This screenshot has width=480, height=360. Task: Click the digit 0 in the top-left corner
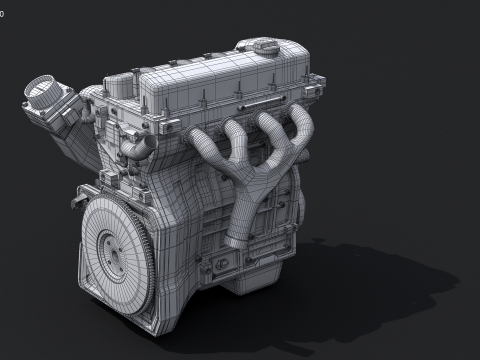3,5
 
